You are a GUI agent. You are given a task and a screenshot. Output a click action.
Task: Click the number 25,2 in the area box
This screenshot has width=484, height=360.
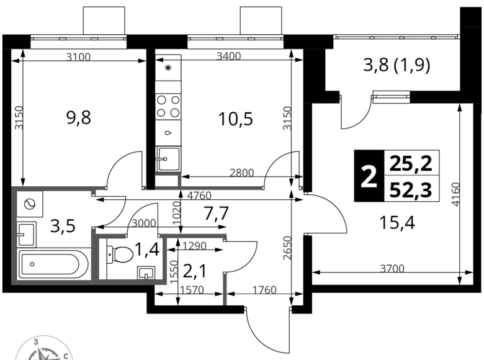pyautogui.click(x=411, y=164)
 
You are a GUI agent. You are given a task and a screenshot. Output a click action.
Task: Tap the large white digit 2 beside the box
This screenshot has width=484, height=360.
pyautogui.click(x=369, y=177)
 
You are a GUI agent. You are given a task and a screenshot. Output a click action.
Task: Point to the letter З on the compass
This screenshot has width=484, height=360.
pyautogui.click(x=36, y=342)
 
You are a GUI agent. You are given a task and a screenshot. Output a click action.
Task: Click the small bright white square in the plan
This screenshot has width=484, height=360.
pyautogui.click(x=181, y=271)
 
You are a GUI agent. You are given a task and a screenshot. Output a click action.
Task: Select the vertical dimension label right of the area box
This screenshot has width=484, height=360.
pyautogui.click(x=455, y=193)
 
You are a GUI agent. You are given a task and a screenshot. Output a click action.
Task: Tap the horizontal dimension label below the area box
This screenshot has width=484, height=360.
pyautogui.click(x=392, y=268)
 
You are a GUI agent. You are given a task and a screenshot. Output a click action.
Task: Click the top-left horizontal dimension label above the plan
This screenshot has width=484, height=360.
pyautogui.click(x=79, y=56)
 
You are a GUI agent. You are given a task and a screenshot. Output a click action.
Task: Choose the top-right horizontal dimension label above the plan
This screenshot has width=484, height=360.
pyautogui.click(x=228, y=56)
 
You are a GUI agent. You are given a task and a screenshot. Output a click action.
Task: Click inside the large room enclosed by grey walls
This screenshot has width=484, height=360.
pyautogui.click(x=53, y=236)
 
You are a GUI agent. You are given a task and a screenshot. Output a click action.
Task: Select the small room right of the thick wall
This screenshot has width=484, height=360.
pyautogui.click(x=130, y=261)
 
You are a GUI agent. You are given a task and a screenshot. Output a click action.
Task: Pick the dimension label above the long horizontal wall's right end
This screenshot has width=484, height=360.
pyautogui.click(x=241, y=172)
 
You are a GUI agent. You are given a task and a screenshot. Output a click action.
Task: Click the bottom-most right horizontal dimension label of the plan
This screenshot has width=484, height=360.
pyautogui.click(x=263, y=289)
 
